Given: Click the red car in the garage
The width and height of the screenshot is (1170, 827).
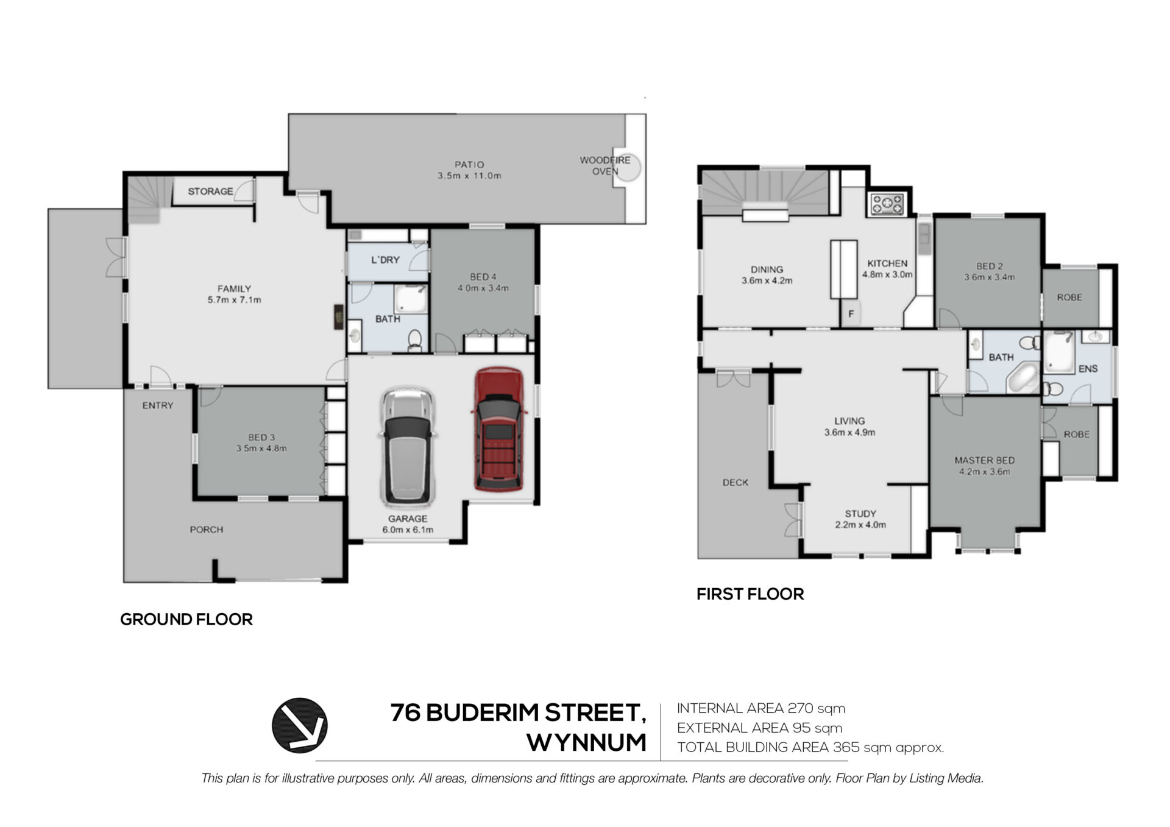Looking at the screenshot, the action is [x=498, y=429].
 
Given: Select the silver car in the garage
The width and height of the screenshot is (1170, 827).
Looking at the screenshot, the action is [x=408, y=447].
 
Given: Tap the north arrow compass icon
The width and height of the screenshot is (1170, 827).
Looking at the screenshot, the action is [x=299, y=725].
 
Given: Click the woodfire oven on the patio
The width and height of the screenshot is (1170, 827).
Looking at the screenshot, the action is [x=628, y=165].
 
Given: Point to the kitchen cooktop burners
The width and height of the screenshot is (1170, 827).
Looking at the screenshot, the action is [x=888, y=204].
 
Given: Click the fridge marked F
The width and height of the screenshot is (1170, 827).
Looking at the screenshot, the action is [x=851, y=314].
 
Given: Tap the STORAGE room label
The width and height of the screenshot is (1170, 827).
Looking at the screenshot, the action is [x=210, y=191].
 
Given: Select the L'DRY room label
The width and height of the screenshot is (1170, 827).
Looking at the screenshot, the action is [x=385, y=260].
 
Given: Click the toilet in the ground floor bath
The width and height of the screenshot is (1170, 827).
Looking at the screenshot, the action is [x=415, y=340].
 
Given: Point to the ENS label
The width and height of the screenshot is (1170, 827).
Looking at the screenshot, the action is [x=1088, y=369].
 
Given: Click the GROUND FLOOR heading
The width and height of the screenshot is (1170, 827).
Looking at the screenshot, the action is [x=186, y=619].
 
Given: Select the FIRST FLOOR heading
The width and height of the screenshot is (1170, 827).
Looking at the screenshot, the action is [x=750, y=594].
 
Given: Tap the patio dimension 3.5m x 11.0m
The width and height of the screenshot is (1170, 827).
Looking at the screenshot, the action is [x=469, y=176].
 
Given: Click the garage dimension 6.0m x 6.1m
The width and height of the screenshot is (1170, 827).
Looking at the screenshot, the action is [x=408, y=530].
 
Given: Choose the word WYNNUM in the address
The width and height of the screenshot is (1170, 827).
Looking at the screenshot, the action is [x=586, y=742].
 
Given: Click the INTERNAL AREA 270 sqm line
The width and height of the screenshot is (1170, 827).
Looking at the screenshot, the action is [x=761, y=708].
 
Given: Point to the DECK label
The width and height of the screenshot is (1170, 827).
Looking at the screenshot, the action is [x=735, y=482].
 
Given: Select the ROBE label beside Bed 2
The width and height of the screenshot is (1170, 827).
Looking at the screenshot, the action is [x=1069, y=297].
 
